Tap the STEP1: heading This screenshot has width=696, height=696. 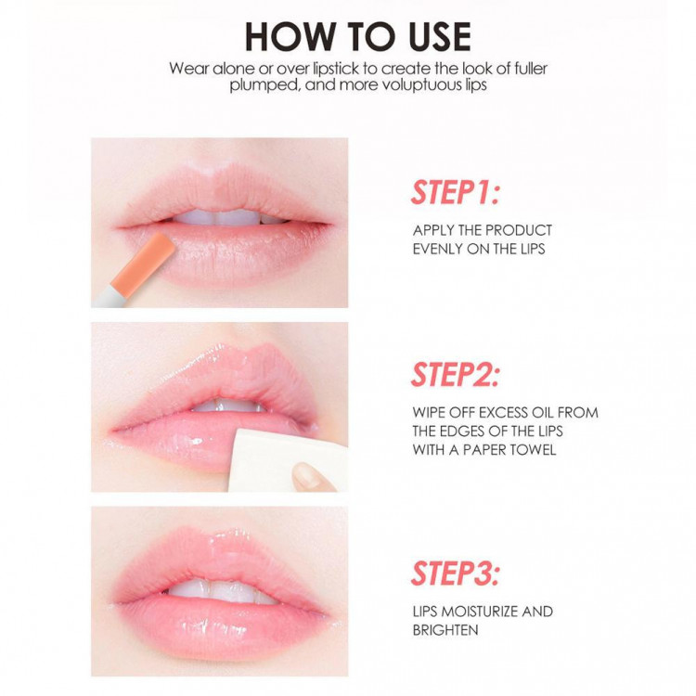456,192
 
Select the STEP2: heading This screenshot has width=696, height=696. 456,375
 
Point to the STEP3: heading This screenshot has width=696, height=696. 456,574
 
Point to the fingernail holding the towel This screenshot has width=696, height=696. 308,474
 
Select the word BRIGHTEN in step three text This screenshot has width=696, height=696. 445,630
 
